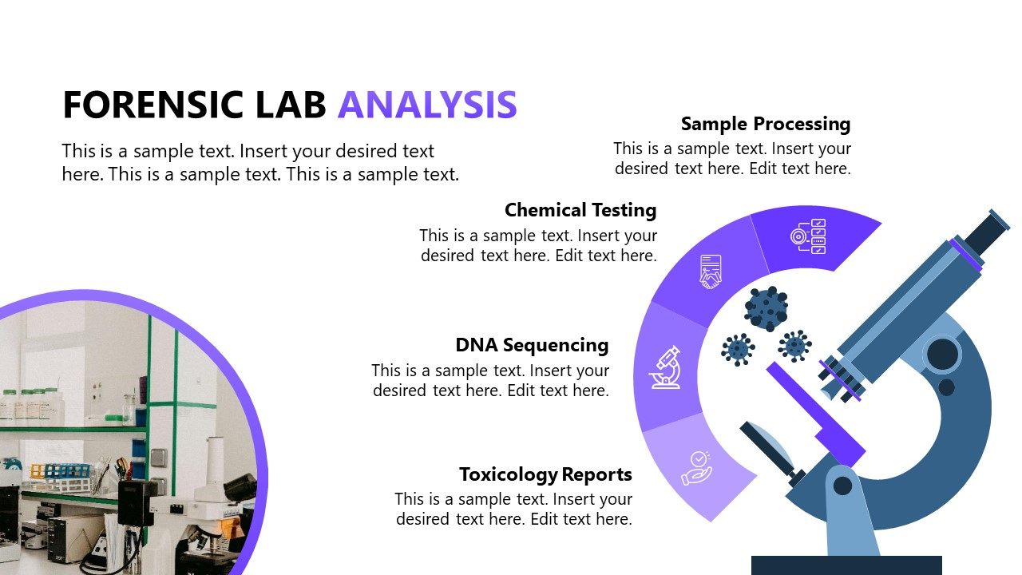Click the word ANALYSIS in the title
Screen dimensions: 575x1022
(x=427, y=105)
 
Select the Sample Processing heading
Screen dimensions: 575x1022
(x=765, y=124)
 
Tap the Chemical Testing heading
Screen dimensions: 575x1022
(x=580, y=210)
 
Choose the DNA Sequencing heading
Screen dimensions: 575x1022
(x=532, y=345)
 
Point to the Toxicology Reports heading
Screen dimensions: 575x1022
(x=545, y=474)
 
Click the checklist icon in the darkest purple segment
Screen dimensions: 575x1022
(x=808, y=236)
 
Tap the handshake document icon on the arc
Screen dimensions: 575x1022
(x=710, y=272)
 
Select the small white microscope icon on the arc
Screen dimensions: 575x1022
(x=665, y=367)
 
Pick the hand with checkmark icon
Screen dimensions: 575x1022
(x=696, y=468)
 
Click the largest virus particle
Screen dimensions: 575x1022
(x=766, y=309)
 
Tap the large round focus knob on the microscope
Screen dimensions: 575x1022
(x=943, y=353)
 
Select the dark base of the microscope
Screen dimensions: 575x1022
(x=846, y=565)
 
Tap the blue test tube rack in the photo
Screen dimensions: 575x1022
(x=61, y=470)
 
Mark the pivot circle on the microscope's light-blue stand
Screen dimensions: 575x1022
(x=843, y=486)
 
